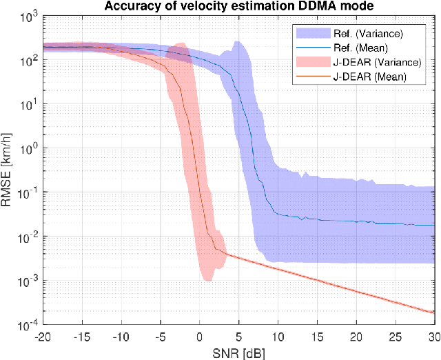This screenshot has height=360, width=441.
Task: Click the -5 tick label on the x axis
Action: coord(160,336)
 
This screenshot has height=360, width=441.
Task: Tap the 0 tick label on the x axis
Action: coord(200,336)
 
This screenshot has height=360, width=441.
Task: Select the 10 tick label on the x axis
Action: coord(278,336)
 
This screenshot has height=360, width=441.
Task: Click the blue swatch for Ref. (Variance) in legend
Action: coord(309,33)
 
